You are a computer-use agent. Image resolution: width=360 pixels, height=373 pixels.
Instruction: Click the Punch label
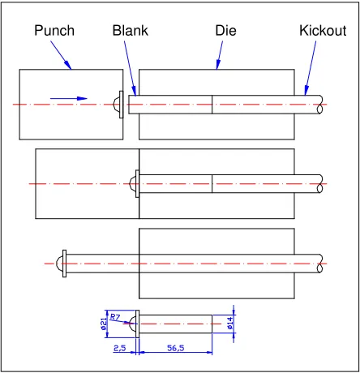pyautogui.click(x=54, y=31)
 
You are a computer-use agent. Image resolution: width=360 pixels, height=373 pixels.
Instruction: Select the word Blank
pyautogui.click(x=131, y=30)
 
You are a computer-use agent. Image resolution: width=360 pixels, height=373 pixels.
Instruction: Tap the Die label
pyautogui.click(x=225, y=30)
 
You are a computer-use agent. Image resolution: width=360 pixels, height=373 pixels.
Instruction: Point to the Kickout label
pyautogui.click(x=323, y=30)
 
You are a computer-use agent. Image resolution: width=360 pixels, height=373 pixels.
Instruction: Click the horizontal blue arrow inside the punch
pyautogui.click(x=69, y=98)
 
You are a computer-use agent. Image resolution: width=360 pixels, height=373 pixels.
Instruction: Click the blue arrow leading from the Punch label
pyautogui.click(x=61, y=55)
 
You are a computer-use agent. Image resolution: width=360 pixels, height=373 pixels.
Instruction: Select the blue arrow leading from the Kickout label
pyautogui.click(x=311, y=68)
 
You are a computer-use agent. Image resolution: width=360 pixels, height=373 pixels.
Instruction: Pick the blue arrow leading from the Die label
pyautogui.click(x=220, y=55)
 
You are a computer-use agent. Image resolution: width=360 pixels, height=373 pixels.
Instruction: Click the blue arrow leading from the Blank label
pyautogui.click(x=131, y=68)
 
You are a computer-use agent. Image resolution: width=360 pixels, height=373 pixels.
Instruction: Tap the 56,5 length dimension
pyautogui.click(x=176, y=348)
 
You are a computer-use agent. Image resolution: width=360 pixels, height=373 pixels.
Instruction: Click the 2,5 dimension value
pyautogui.click(x=119, y=348)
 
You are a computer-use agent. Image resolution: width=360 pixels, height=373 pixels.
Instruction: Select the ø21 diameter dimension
pyautogui.click(x=103, y=324)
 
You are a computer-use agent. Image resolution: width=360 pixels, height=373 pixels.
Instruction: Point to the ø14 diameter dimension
pyautogui.click(x=229, y=324)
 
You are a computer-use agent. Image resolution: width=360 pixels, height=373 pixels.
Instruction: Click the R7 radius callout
pyautogui.click(x=115, y=317)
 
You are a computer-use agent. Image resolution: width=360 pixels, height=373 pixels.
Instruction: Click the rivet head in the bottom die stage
pyautogui.click(x=62, y=264)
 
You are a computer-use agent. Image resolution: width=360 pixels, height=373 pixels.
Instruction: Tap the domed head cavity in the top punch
pyautogui.click(x=116, y=105)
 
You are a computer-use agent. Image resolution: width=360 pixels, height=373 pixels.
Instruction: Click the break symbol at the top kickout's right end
pyautogui.click(x=320, y=105)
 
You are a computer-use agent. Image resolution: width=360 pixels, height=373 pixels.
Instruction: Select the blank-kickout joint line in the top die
pyautogui.click(x=212, y=105)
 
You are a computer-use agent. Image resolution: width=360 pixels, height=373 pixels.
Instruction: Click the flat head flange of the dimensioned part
pyautogui.click(x=137, y=324)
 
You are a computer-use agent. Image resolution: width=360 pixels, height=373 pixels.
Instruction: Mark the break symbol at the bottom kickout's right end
pyautogui.click(x=320, y=264)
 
